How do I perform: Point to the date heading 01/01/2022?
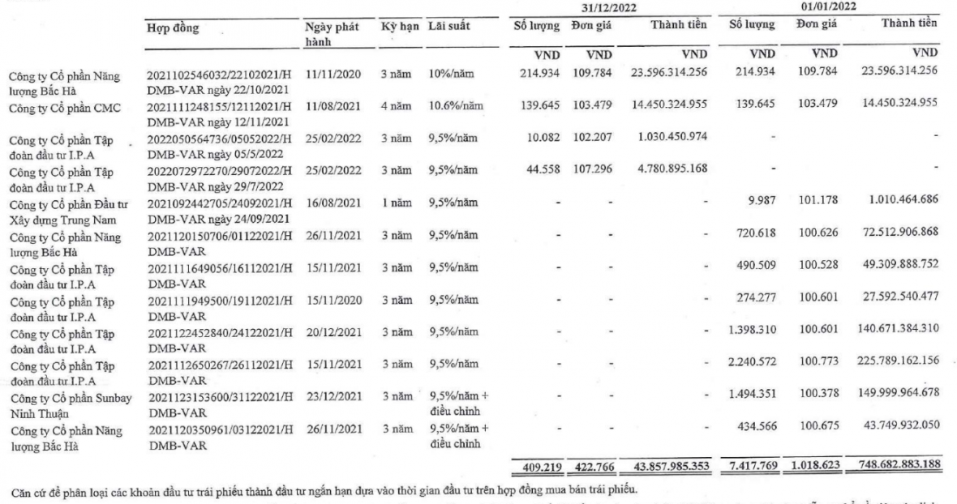[830, 7]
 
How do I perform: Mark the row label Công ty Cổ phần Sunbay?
[72, 378]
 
